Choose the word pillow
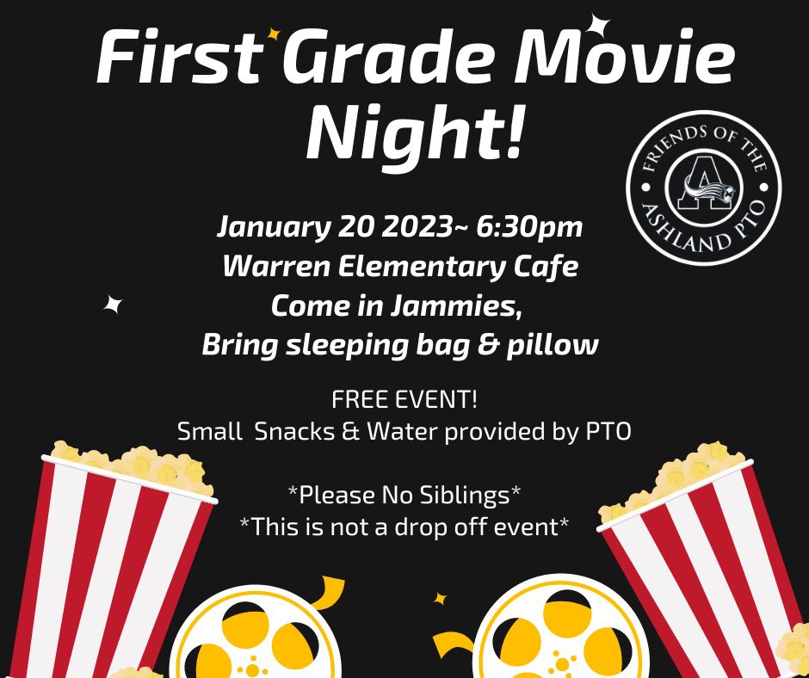[556, 345]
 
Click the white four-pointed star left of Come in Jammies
[112, 304]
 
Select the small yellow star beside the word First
[274, 34]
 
